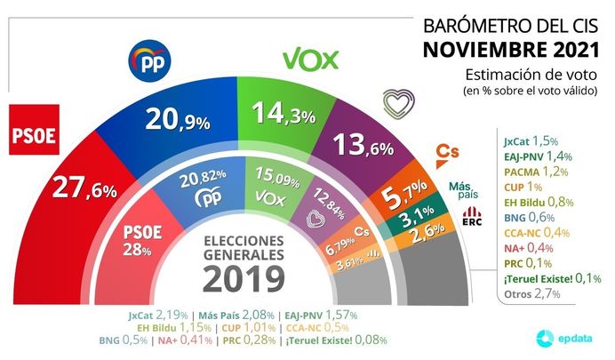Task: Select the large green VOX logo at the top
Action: click(x=311, y=60)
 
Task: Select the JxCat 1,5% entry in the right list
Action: click(x=529, y=140)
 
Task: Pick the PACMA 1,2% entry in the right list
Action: click(x=531, y=172)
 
